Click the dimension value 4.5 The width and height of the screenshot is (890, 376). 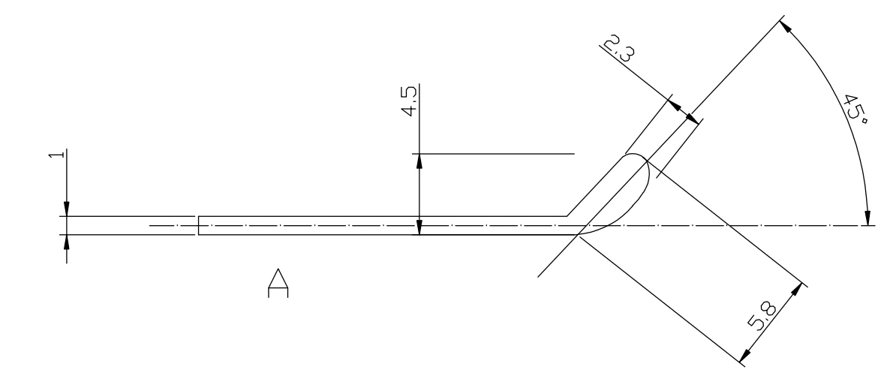409,100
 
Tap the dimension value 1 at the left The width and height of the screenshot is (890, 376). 55,155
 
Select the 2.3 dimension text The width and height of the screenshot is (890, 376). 618,47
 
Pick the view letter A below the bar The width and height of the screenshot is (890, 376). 278,283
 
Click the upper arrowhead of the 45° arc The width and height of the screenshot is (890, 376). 786,27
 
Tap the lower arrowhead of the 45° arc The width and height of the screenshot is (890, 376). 867,218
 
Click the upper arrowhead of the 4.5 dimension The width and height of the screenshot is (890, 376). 419,161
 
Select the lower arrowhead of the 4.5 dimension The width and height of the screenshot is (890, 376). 419,227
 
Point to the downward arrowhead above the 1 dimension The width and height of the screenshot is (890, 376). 66,209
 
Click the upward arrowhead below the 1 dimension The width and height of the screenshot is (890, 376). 66,242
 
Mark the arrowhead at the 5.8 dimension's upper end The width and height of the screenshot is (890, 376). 797,289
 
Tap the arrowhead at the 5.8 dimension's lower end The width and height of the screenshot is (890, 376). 745,355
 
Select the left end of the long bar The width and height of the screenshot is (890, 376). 198,225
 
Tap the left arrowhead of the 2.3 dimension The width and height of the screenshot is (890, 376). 675,106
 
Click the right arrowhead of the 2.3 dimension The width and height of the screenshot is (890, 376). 692,118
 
